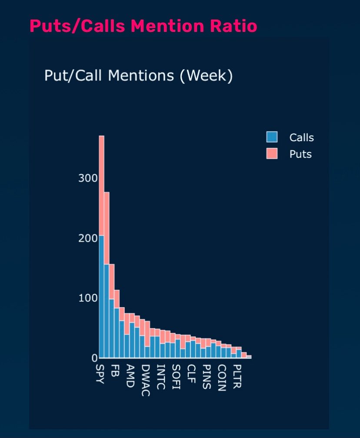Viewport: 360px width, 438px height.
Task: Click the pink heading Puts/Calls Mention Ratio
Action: point(143,26)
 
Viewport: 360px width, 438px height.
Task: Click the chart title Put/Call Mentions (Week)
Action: point(139,76)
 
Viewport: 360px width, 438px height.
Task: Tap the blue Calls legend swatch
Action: point(272,137)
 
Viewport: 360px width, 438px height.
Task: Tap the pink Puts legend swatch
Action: point(272,154)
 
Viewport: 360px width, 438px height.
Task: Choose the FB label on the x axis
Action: point(114,370)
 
